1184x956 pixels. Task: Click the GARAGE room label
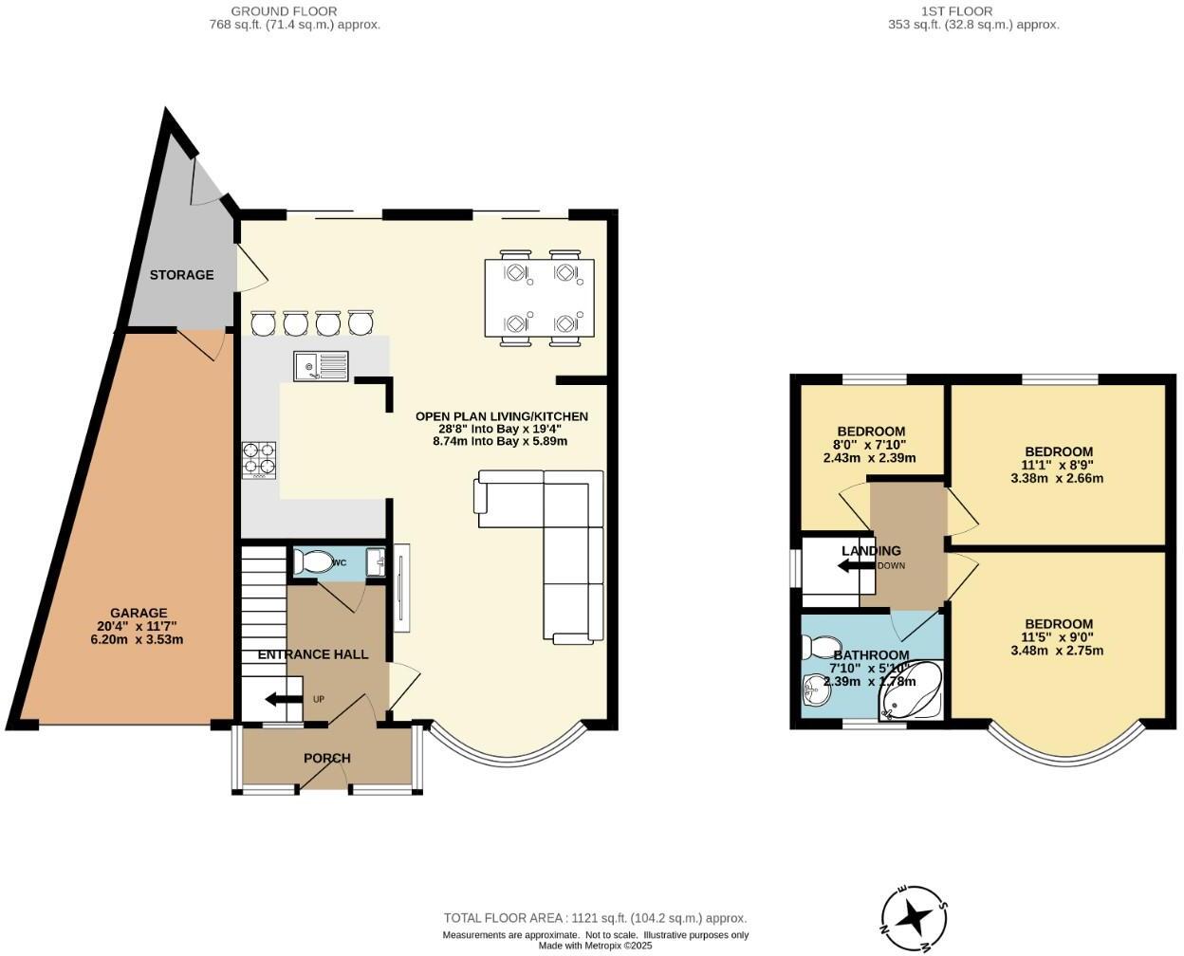click(x=139, y=613)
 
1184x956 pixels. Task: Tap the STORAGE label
click(x=181, y=275)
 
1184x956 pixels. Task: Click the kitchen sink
click(x=321, y=365)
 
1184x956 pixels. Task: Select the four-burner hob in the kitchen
click(x=259, y=460)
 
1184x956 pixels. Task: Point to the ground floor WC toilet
click(x=313, y=562)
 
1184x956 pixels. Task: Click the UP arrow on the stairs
click(x=283, y=700)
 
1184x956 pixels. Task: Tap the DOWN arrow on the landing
click(x=855, y=566)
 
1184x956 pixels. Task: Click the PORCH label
click(x=326, y=758)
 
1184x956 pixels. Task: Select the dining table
click(x=539, y=299)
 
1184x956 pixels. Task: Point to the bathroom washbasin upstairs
click(x=815, y=691)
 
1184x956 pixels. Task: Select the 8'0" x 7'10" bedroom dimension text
click(x=869, y=445)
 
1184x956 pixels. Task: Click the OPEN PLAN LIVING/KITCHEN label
click(x=501, y=416)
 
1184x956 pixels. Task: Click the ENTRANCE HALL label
click(x=312, y=654)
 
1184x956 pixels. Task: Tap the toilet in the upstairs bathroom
click(x=814, y=647)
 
